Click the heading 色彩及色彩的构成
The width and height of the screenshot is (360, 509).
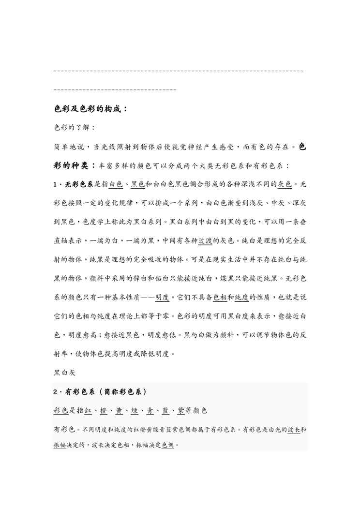pyautogui.click(x=90, y=109)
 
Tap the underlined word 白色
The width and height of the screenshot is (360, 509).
pyautogui.click(x=116, y=184)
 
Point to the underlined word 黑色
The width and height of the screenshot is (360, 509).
pyautogui.click(x=138, y=184)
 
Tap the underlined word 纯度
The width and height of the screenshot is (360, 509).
pyautogui.click(x=242, y=296)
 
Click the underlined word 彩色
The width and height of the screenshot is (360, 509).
pyautogui.click(x=61, y=411)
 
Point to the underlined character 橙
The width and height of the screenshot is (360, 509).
pyautogui.click(x=103, y=411)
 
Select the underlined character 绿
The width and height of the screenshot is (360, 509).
pyautogui.click(x=135, y=411)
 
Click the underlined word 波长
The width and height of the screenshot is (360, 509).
pyautogui.click(x=294, y=429)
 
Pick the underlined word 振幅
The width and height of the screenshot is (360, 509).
pyautogui.click(x=60, y=444)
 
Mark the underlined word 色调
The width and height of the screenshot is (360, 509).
pyautogui.click(x=168, y=444)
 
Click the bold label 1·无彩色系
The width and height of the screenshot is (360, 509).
pyautogui.click(x=74, y=184)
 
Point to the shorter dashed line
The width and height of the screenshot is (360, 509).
pyautogui.click(x=115, y=90)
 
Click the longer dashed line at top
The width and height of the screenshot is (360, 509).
pyautogui.click(x=179, y=72)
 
